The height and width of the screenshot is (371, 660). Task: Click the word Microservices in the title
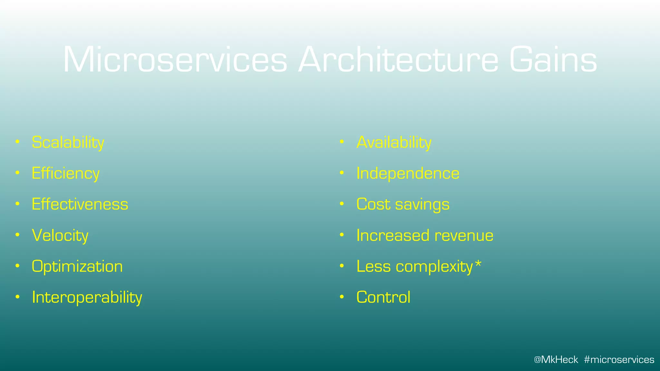[x=175, y=60]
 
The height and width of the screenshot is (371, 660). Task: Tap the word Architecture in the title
[x=398, y=60]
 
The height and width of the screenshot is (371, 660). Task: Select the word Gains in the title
[x=553, y=60]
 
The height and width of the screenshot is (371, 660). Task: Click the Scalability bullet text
[x=68, y=143]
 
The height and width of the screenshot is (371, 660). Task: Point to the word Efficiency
[x=65, y=174]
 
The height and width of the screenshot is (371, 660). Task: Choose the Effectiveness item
[x=80, y=204]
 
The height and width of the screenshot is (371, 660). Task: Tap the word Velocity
[x=60, y=235]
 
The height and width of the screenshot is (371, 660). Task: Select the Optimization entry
[x=77, y=266]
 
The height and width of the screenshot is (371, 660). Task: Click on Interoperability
[x=87, y=297]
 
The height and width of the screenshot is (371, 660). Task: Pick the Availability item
[x=393, y=143]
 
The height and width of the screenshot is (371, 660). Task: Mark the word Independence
[x=408, y=173]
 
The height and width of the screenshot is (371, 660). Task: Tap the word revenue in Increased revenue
[x=464, y=235]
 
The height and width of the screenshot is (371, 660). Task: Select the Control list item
[x=383, y=297]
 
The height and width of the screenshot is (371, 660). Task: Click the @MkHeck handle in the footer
[x=556, y=359]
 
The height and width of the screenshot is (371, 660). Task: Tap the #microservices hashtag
[x=619, y=359]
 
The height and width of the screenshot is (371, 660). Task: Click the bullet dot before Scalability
[x=18, y=142]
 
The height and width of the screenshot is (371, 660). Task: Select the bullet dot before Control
[x=342, y=297]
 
